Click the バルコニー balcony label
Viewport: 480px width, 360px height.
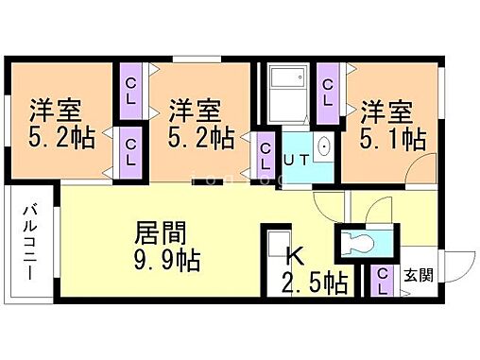pos(30,240)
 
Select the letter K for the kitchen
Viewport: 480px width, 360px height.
pos(294,254)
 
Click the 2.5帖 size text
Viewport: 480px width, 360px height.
pos(314,282)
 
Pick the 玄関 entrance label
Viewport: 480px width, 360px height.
pos(419,275)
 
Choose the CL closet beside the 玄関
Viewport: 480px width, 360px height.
pos(384,281)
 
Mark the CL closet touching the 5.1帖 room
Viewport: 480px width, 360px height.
pos(327,93)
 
